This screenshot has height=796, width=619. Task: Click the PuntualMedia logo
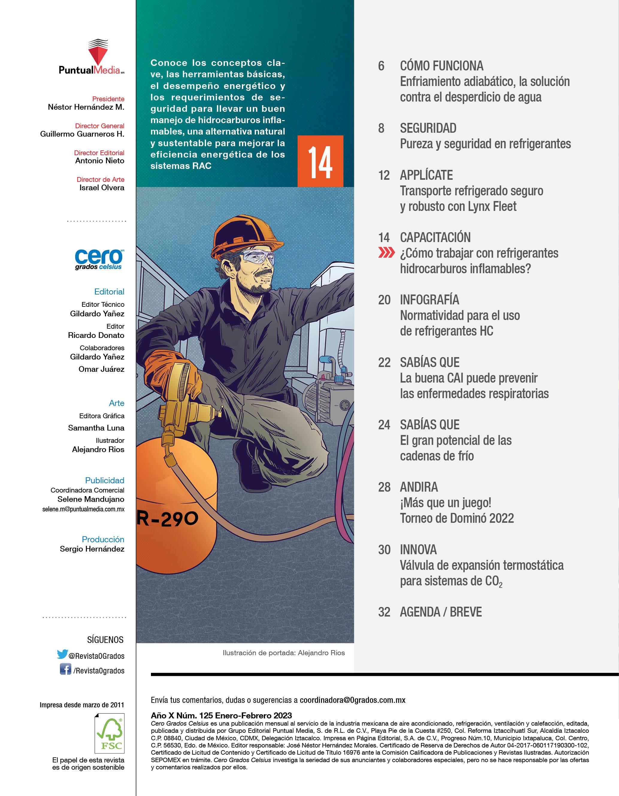[x=92, y=58]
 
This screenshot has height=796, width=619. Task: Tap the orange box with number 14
[x=320, y=161]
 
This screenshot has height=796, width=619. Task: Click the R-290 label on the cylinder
[x=168, y=518]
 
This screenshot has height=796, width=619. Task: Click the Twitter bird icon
[x=62, y=654]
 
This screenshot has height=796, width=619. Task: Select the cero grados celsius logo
[x=99, y=259]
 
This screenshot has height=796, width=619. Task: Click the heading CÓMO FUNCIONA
[x=442, y=66]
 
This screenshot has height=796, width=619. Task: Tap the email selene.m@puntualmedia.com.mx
[x=84, y=509]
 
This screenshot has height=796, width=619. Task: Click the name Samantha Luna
[x=96, y=428]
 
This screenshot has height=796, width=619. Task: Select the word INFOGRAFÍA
[x=429, y=300]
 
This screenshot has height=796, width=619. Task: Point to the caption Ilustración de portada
[x=284, y=653]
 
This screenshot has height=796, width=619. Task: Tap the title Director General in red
[x=99, y=126]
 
